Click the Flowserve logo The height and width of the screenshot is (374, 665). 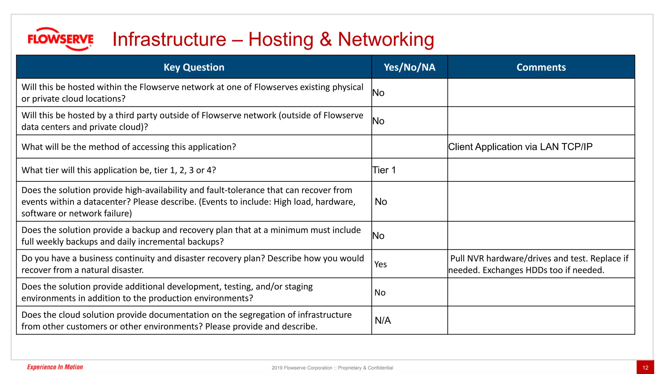(x=60, y=39)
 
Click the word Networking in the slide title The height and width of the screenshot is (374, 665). (x=386, y=40)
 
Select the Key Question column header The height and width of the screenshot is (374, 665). (x=194, y=67)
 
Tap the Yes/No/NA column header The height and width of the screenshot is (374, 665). (x=409, y=67)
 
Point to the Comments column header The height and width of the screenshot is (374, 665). (x=541, y=67)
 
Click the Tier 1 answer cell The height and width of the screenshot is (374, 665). (x=384, y=170)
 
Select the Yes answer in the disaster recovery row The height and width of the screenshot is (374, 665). (x=381, y=264)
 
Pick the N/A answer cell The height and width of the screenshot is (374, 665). (x=383, y=320)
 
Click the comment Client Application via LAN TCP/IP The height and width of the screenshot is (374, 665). (x=520, y=147)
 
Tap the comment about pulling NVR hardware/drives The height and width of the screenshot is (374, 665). (x=539, y=264)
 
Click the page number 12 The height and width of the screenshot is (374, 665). (x=645, y=368)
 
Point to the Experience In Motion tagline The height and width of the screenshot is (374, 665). (x=55, y=367)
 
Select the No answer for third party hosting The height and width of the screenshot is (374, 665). (x=378, y=121)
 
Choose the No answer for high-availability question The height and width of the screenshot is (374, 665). (x=381, y=202)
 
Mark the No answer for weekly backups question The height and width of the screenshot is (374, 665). (x=378, y=236)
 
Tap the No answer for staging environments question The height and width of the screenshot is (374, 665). (x=380, y=293)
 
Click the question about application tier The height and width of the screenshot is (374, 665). (x=119, y=170)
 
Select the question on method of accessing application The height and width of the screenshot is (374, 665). (x=129, y=147)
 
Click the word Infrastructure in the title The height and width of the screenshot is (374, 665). (x=169, y=40)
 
